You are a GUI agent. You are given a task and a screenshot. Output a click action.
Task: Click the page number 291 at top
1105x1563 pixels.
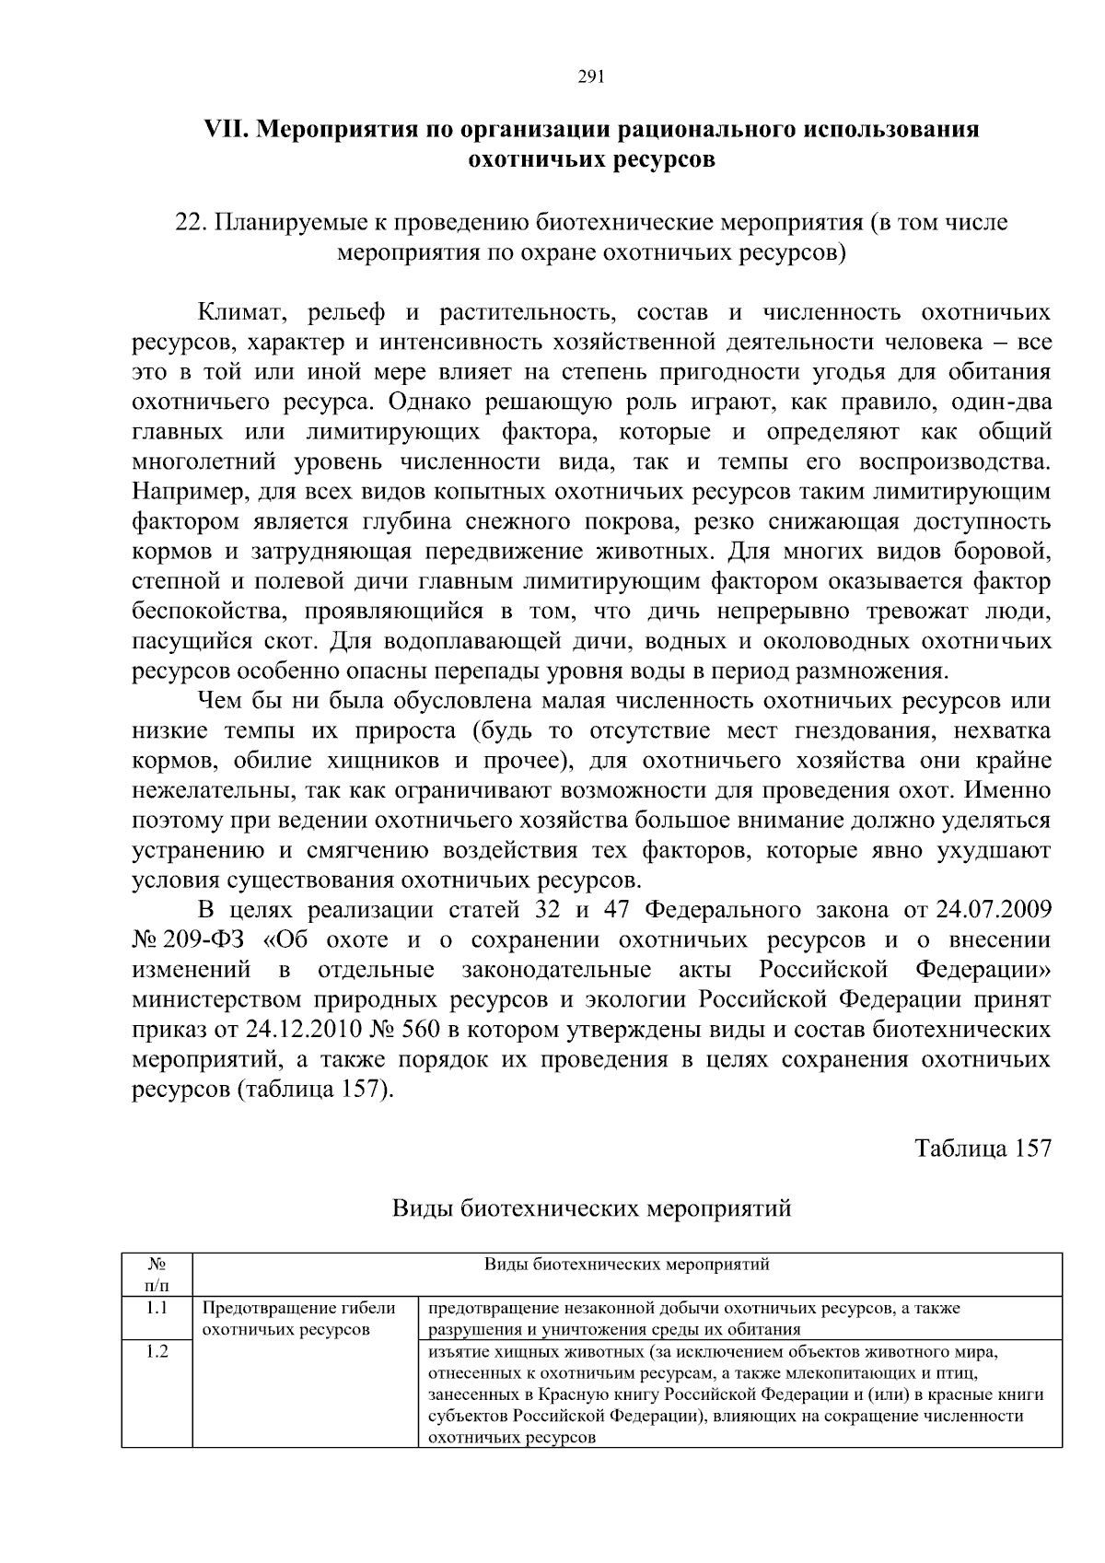tap(590, 77)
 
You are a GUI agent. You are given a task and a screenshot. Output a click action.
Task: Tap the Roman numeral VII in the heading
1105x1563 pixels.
tap(225, 130)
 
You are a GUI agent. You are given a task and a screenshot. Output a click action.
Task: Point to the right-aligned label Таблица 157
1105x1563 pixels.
tap(982, 1149)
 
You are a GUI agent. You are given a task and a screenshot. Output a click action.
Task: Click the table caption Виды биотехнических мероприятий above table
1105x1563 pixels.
tap(591, 1208)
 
